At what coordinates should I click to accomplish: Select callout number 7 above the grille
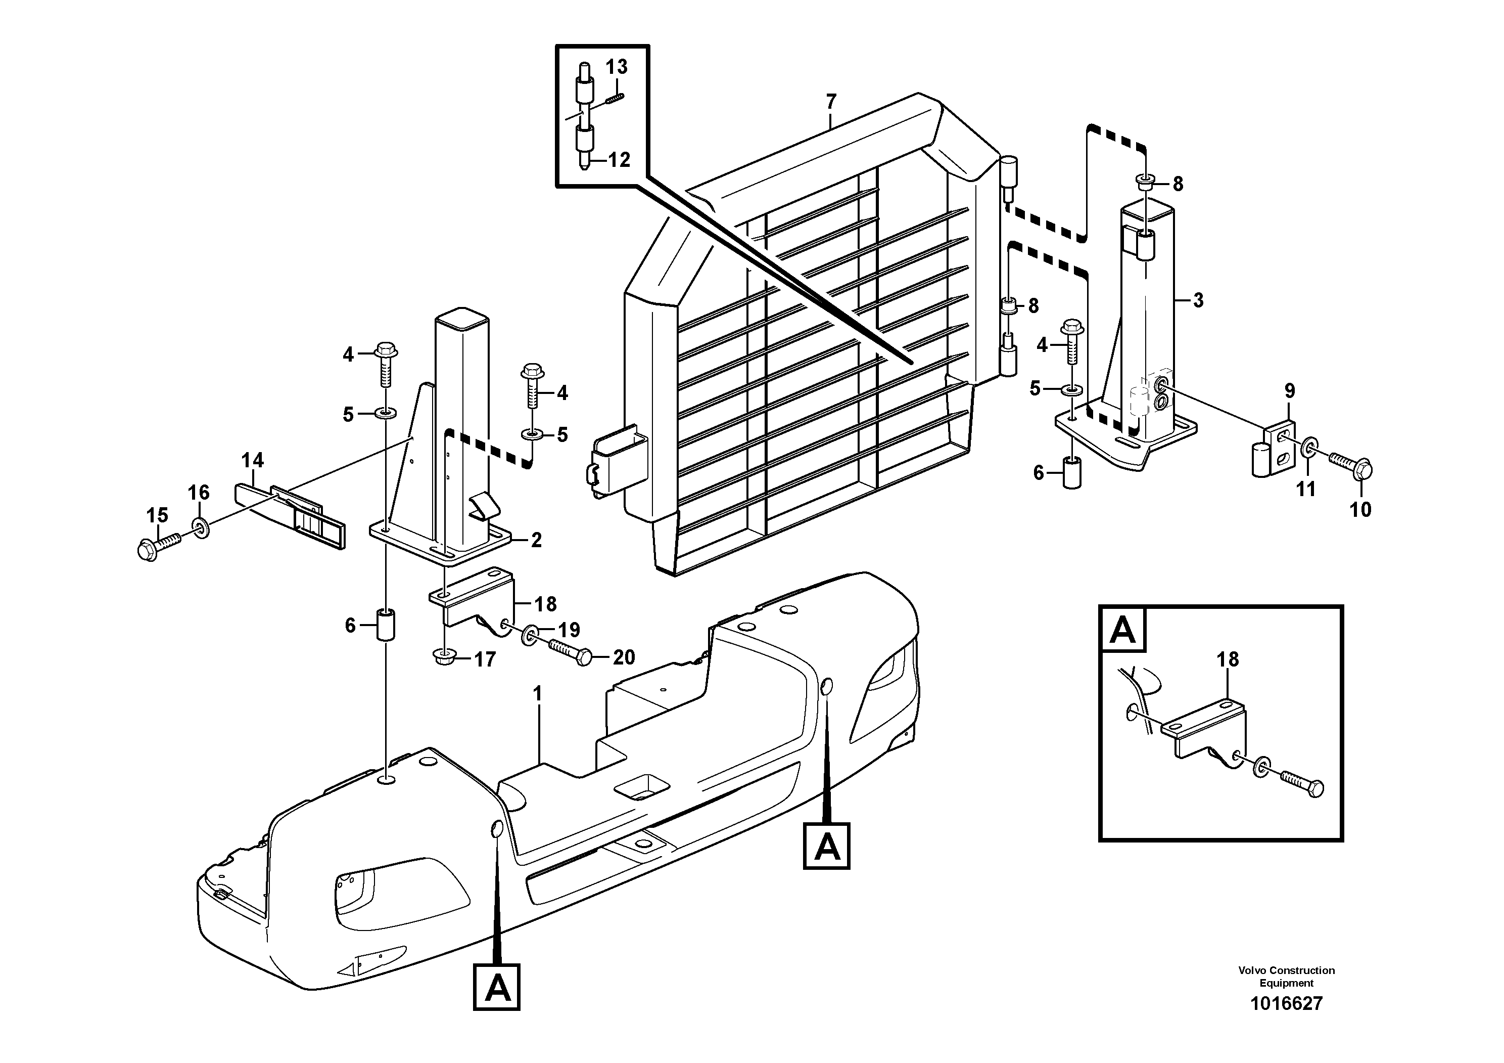click(831, 102)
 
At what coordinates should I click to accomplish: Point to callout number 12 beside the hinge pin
click(619, 160)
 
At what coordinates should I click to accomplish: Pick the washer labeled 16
click(201, 527)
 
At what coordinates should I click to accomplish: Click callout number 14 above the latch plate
click(252, 461)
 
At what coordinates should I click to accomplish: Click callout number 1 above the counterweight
click(538, 694)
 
